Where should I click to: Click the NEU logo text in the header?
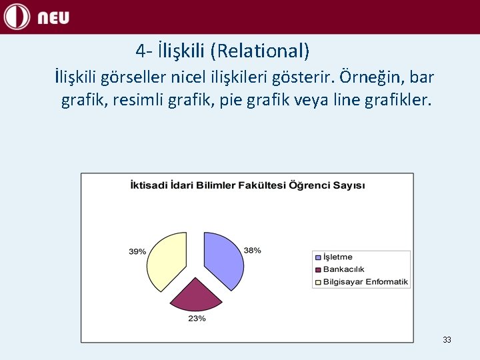coord(53,18)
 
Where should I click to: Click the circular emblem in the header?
coord(17,17)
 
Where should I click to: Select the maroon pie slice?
coord(195,295)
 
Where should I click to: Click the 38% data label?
coord(252,250)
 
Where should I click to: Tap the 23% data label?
coord(197,319)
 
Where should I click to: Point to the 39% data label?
coord(137,251)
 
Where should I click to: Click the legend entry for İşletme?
coord(338,257)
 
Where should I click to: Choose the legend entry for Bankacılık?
coord(343,269)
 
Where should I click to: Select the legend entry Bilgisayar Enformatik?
coord(365,281)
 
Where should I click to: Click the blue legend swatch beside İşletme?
coord(318,257)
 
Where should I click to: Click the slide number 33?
coord(447,340)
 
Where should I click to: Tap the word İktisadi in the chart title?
coord(148,185)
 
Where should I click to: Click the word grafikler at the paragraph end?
coord(397,101)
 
